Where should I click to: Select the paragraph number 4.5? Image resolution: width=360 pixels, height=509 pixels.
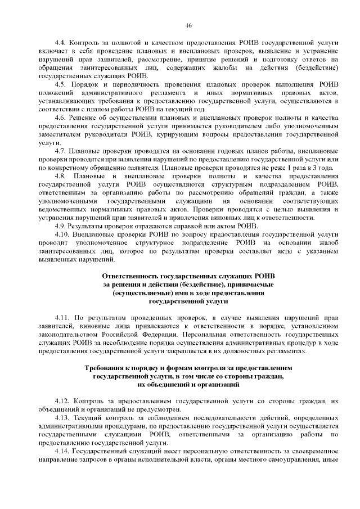pyautogui.click(x=61, y=82)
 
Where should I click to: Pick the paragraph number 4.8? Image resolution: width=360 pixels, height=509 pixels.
pyautogui.click(x=61, y=177)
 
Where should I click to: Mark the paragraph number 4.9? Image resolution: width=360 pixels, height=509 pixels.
pyautogui.click(x=61, y=226)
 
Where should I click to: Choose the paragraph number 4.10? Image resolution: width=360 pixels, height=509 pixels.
pyautogui.click(x=62, y=233)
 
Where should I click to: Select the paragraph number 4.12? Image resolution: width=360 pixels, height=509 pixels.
pyautogui.click(x=62, y=400)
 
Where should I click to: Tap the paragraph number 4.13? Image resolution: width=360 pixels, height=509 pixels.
pyautogui.click(x=62, y=417)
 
